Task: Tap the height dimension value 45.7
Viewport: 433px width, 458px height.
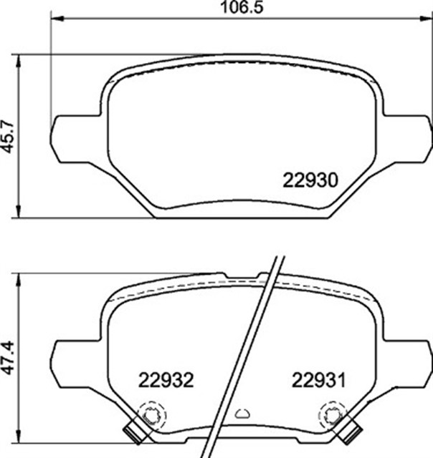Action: (x=9, y=136)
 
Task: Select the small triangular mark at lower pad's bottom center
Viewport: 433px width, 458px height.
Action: (x=242, y=412)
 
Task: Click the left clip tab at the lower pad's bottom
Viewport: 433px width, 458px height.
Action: (x=132, y=432)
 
